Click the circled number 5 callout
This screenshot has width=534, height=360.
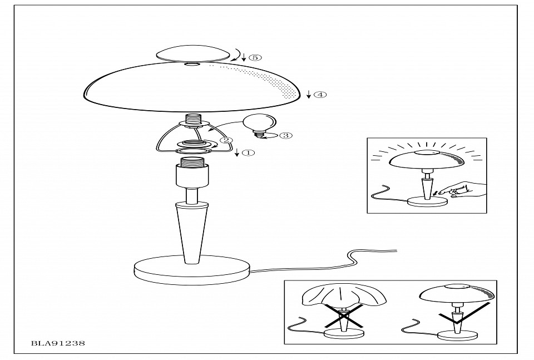click(x=255, y=57)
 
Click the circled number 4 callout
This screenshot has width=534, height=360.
click(x=320, y=95)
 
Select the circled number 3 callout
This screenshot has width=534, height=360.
click(x=286, y=136)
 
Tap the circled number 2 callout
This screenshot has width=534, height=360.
click(x=226, y=140)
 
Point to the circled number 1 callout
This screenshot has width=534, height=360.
click(x=248, y=152)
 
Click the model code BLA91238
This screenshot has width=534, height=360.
click(x=58, y=343)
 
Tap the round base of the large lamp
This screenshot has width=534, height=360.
click(x=192, y=270)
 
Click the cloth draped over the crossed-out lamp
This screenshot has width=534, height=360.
click(x=344, y=295)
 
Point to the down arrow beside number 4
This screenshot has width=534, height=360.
click(x=309, y=95)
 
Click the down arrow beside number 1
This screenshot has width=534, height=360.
click(x=237, y=152)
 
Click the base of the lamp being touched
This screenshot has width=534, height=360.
click(x=427, y=201)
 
